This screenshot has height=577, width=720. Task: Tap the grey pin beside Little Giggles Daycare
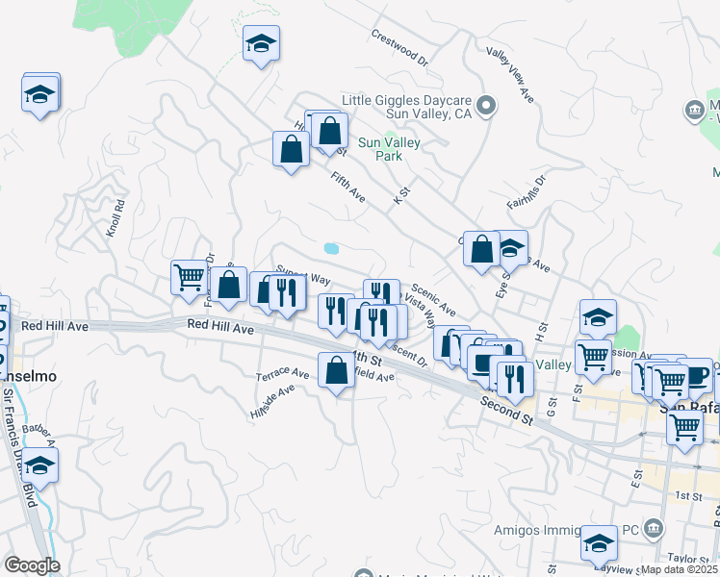487,106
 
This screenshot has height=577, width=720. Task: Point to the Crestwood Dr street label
399,47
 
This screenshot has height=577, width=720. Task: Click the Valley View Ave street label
510,75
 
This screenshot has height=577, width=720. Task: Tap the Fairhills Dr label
527,191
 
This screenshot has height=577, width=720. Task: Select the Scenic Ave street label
433,298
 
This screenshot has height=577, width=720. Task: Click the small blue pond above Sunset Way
331,248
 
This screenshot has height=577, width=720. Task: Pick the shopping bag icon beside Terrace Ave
336,370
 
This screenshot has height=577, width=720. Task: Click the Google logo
33,564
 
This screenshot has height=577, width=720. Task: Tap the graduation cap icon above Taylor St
599,544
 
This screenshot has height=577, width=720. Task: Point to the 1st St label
687,495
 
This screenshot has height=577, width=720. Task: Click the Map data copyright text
680,569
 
